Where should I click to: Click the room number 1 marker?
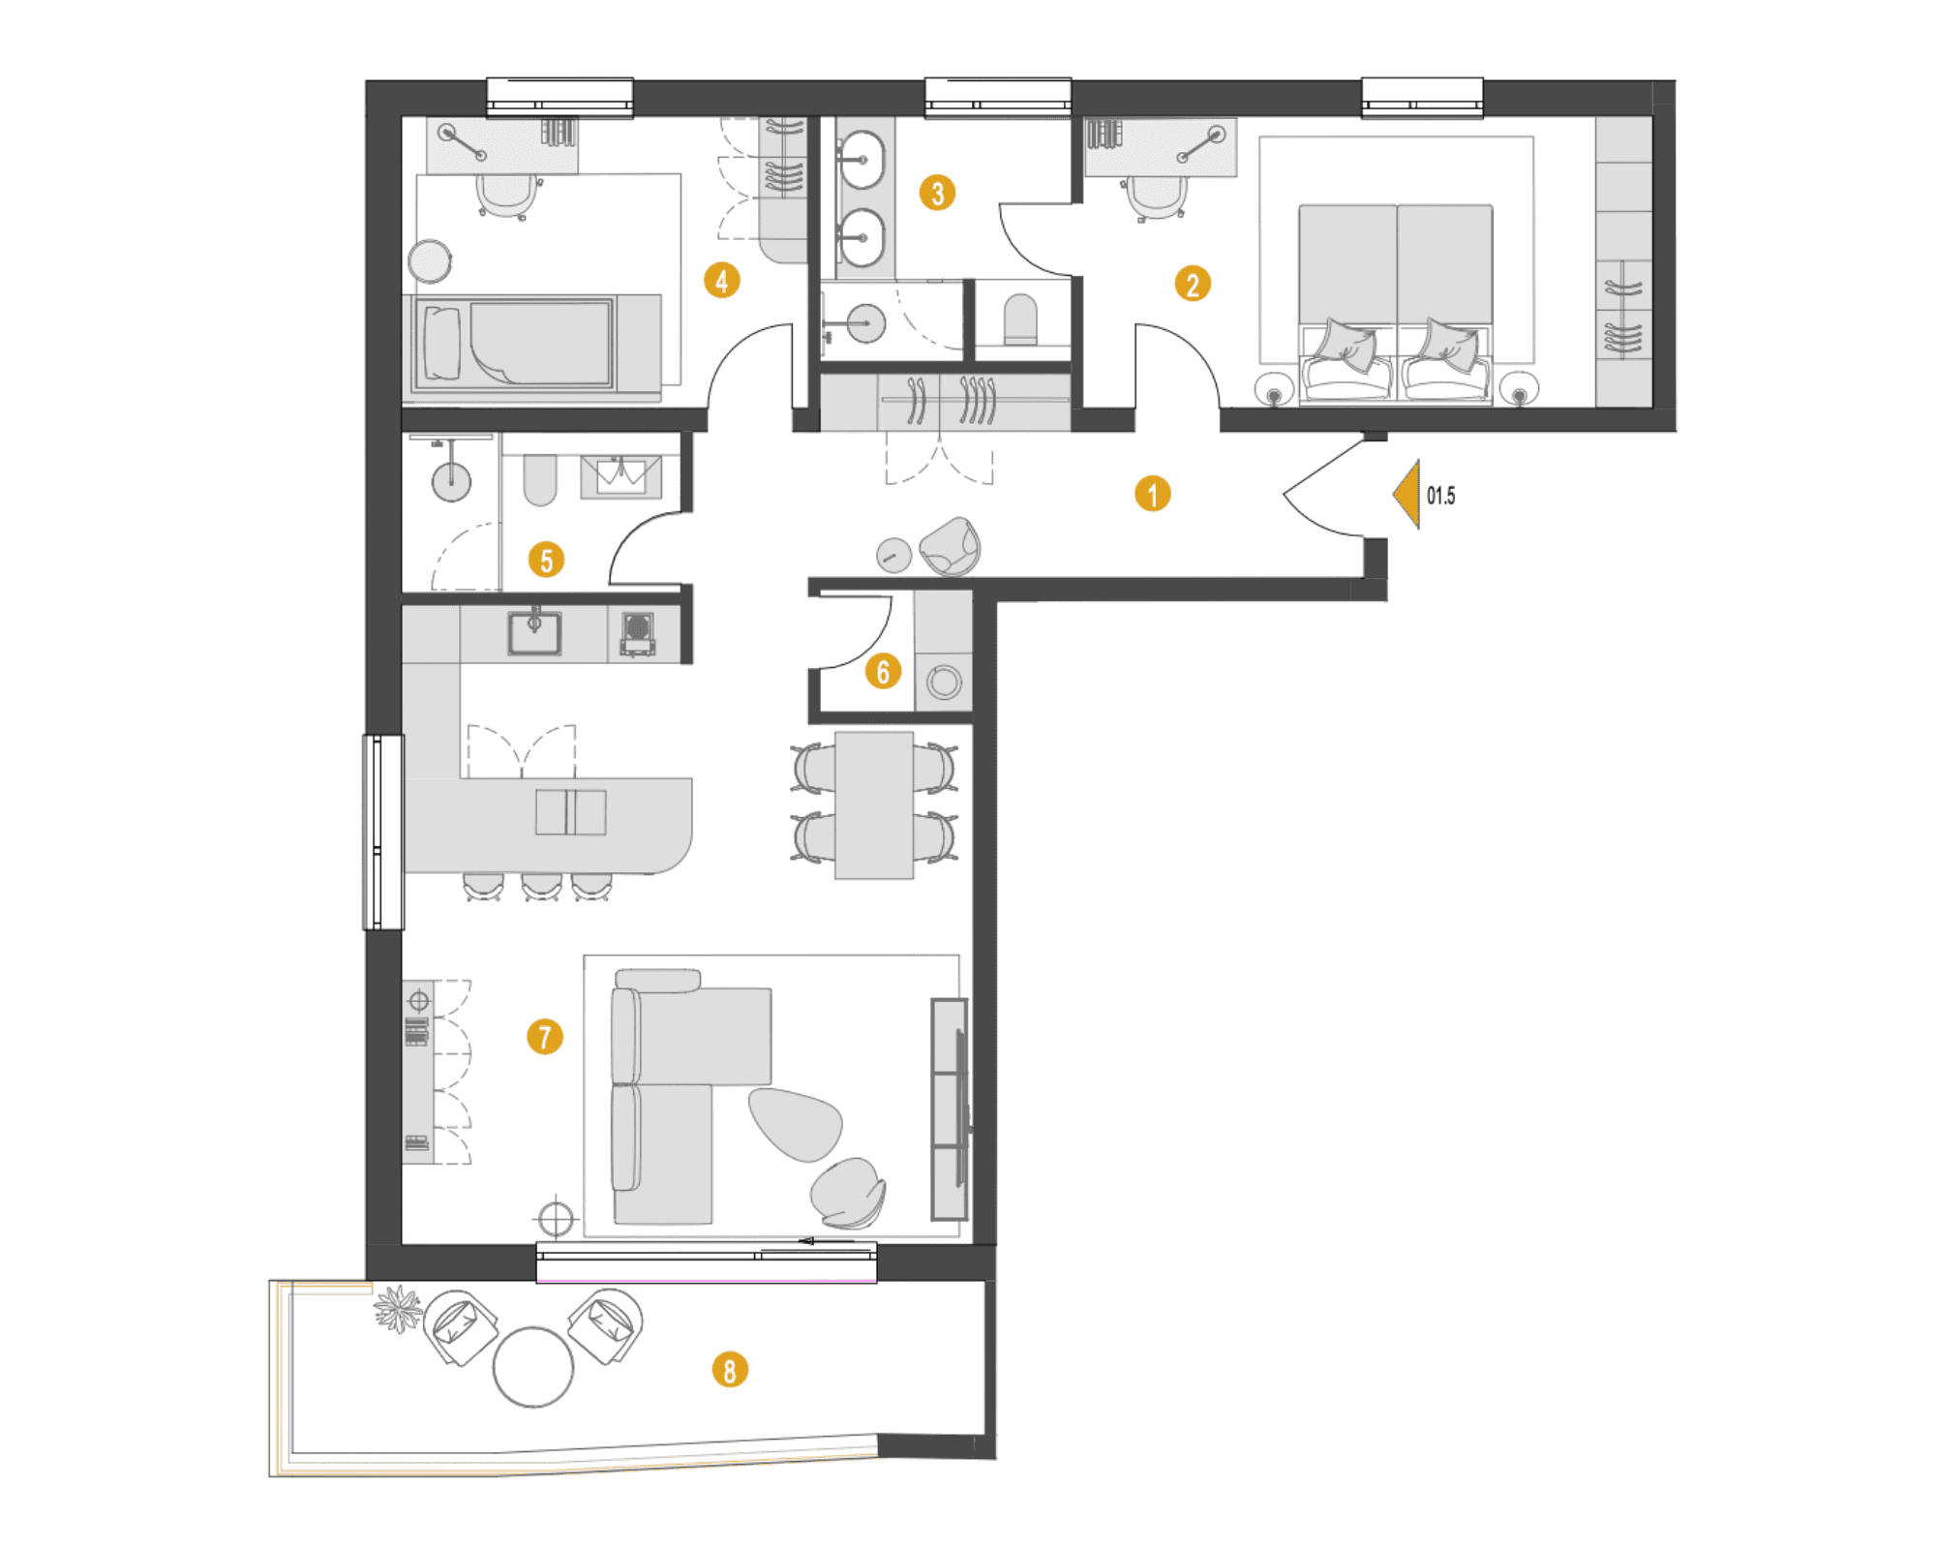1152,494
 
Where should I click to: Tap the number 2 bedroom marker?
1193,285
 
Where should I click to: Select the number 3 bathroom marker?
937,193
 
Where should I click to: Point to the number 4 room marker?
722,281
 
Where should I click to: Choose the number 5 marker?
546,560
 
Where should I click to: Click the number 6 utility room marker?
883,671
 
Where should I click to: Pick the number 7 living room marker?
545,1037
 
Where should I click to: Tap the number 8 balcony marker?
730,1370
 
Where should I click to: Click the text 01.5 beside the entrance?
1440,496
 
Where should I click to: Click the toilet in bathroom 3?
1020,320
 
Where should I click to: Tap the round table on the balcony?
533,1366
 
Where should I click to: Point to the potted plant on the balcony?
398,1309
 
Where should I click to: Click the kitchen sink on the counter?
534,631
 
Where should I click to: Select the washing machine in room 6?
944,683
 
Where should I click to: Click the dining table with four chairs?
874,805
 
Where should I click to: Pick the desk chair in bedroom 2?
1157,198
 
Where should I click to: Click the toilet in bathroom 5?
540,480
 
